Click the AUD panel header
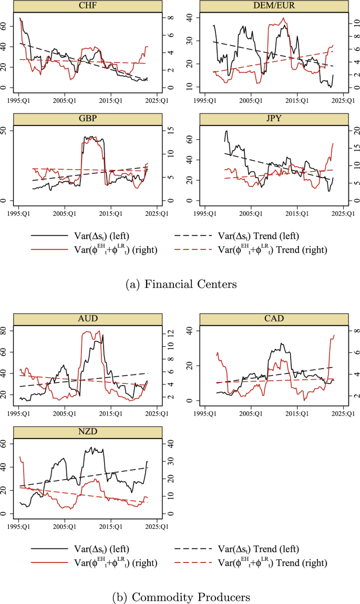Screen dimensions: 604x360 [87, 319]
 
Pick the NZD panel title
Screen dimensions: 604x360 [87, 431]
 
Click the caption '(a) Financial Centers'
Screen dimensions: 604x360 [180, 284]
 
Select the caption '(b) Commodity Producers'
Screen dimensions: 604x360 [180, 597]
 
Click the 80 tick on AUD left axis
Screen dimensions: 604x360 [7, 330]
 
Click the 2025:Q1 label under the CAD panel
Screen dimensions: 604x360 [344, 413]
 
